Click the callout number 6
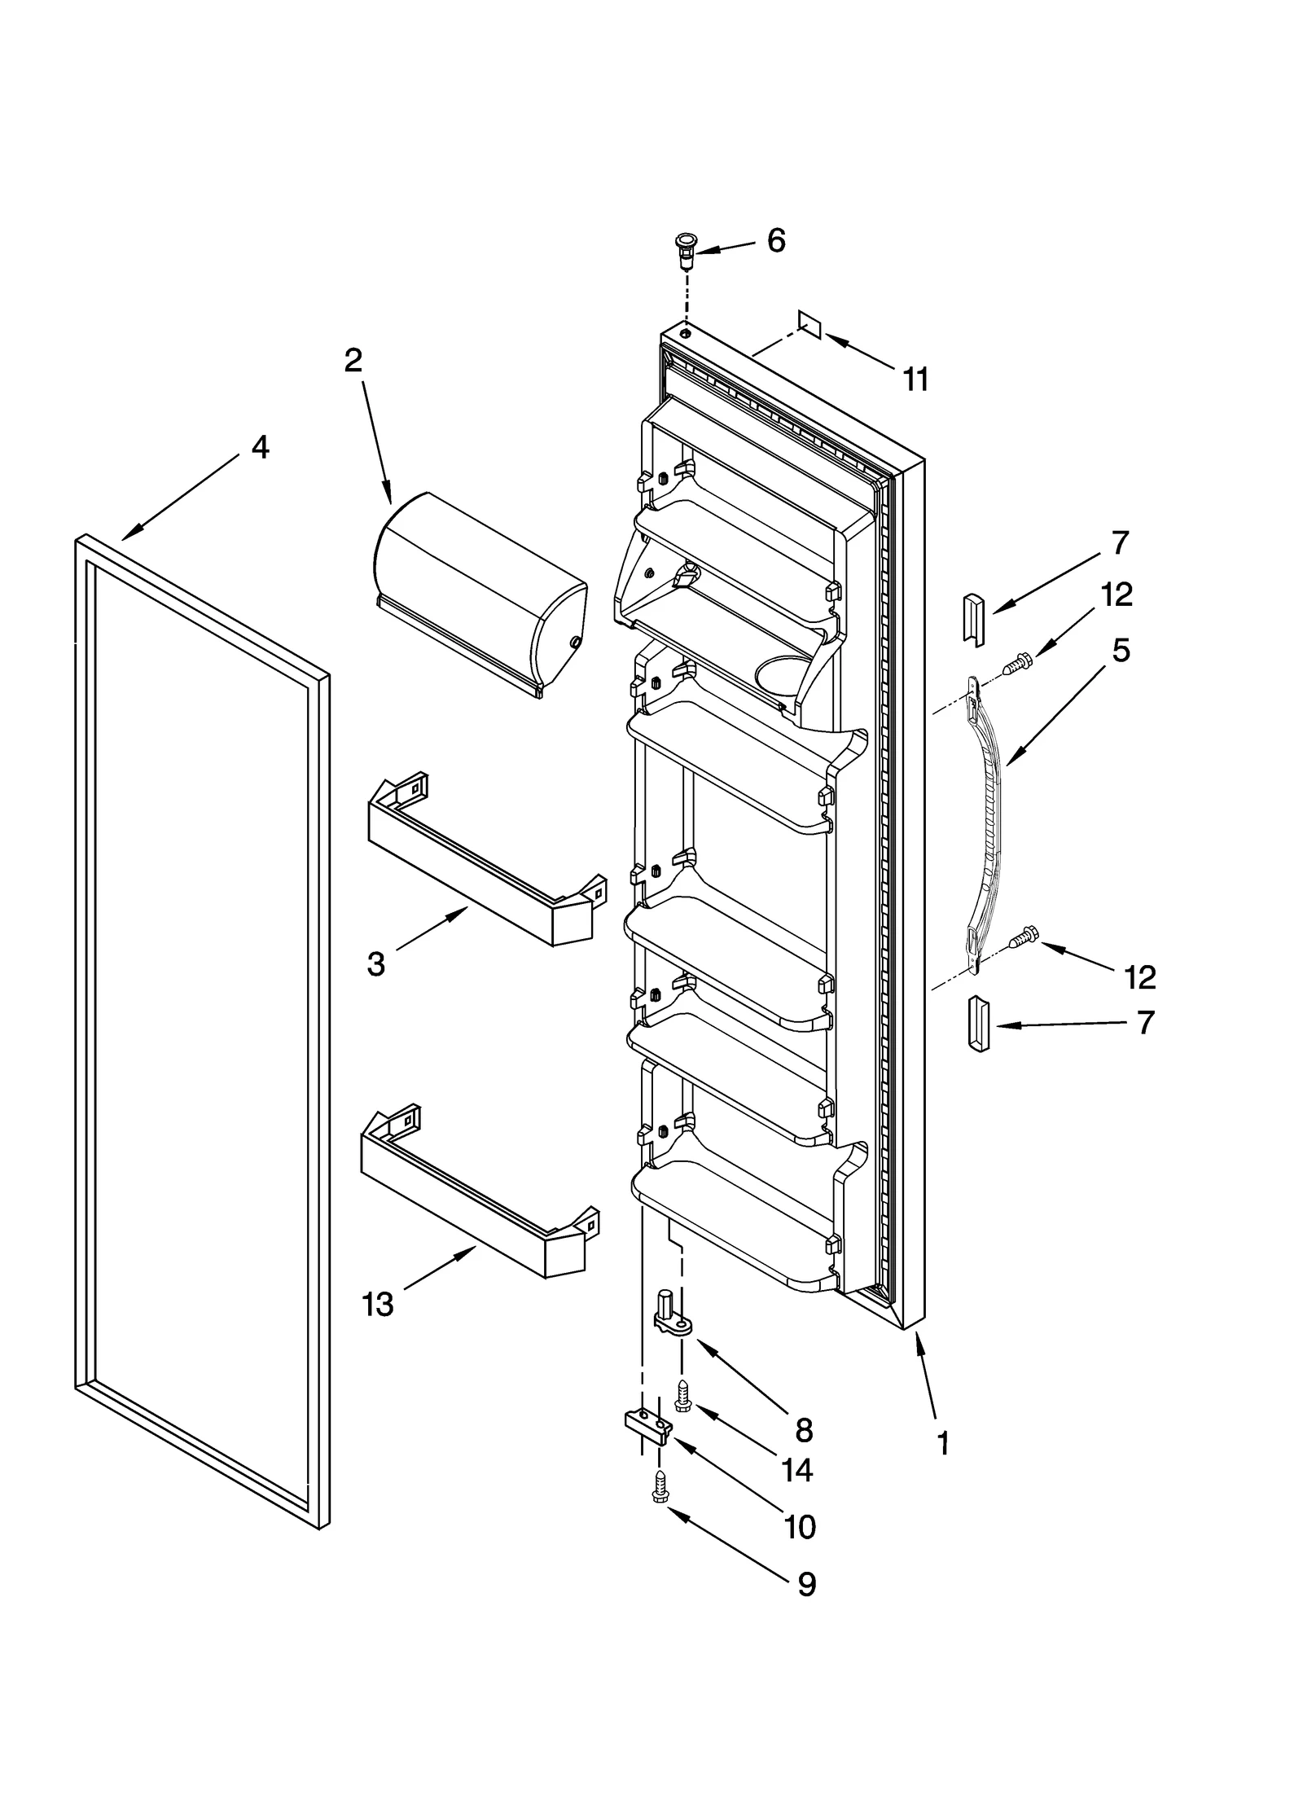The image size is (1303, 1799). coord(776,241)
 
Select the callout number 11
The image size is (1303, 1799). coord(915,380)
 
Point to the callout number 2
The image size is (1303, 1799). coord(353,361)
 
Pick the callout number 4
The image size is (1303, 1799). coord(260,447)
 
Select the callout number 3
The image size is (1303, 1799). coord(375,964)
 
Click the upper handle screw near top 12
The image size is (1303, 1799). coord(1016,666)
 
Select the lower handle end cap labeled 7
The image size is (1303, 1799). coord(978,1023)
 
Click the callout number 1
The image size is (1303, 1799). coord(942,1444)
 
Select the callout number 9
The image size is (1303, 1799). coord(805,1584)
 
